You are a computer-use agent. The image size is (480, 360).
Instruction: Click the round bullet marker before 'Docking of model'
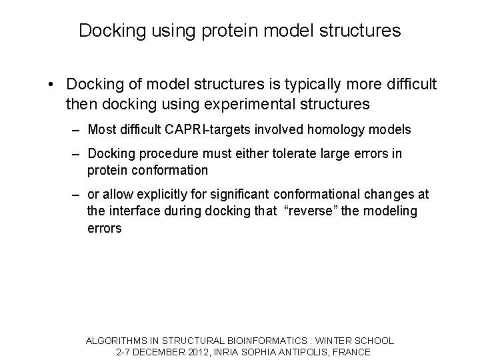[x=51, y=85]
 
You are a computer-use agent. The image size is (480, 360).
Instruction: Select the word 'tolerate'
[x=302, y=154]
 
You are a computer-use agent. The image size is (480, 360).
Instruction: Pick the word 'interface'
[x=135, y=211]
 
